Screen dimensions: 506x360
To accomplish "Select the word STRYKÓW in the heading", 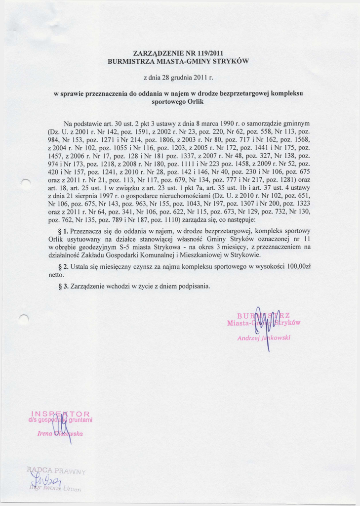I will pos(230,62).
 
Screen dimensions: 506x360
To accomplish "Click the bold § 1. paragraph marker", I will pos(63,231).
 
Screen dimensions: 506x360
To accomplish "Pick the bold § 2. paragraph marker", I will pos(63,267).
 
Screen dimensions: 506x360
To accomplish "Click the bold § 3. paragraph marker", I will pos(63,286).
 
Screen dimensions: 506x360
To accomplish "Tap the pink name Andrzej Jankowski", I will pos(264,338).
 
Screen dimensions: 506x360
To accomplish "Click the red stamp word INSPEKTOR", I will pos(60,414).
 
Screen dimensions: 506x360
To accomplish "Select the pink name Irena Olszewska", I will pos(60,433).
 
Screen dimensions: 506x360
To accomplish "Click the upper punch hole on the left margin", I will pos(26,182).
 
